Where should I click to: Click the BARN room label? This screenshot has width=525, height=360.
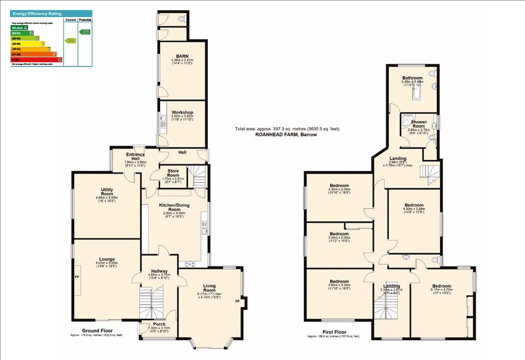pyautogui.click(x=181, y=56)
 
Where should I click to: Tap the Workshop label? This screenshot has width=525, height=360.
pyautogui.click(x=182, y=112)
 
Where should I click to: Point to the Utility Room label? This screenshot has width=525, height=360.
pyautogui.click(x=107, y=191)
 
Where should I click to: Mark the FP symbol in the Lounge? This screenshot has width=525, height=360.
pyautogui.click(x=77, y=277)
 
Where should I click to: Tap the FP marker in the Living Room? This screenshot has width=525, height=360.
pyautogui.click(x=237, y=301)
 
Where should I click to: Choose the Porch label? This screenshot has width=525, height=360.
pyautogui.click(x=159, y=324)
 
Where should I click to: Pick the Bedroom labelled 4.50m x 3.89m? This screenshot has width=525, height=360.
pyautogui.click(x=414, y=205)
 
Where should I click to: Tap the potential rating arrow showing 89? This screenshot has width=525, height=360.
pyautogui.click(x=86, y=32)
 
